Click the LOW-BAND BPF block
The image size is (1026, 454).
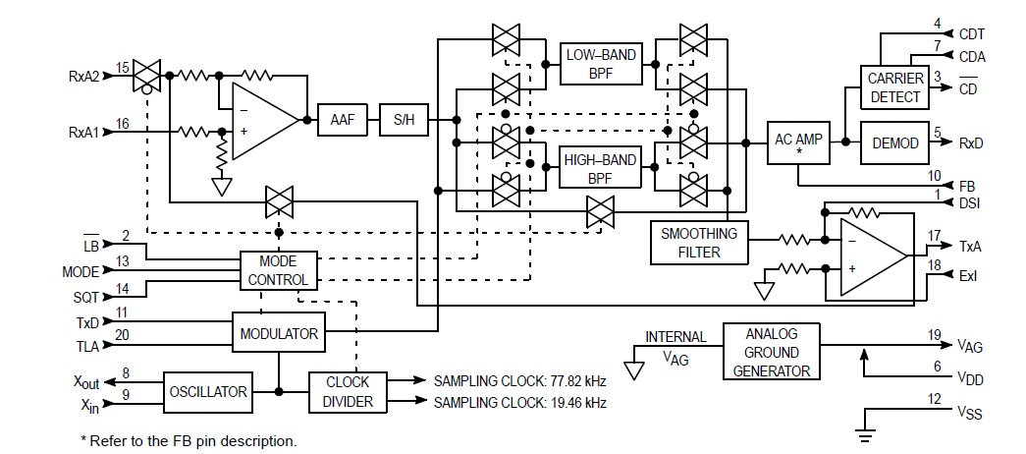(599, 65)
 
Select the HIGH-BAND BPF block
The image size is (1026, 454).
(599, 169)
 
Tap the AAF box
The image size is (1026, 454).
(342, 120)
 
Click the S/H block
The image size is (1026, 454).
(403, 120)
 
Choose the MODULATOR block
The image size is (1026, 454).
(279, 333)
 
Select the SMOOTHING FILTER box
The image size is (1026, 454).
(697, 242)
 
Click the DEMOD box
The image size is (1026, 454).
(894, 143)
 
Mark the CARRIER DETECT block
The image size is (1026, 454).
(894, 87)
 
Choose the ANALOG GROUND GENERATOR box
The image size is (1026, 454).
(772, 351)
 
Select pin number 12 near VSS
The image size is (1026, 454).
(936, 398)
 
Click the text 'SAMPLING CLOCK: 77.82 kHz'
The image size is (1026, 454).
(519, 380)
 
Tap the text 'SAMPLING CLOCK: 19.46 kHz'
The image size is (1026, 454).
(519, 403)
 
